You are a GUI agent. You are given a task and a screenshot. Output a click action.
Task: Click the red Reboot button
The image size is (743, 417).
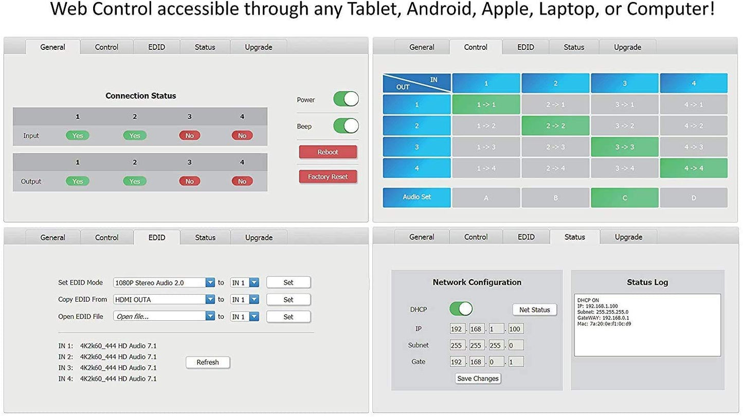coord(328,152)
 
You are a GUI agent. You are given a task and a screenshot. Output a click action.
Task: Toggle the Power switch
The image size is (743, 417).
coord(346,99)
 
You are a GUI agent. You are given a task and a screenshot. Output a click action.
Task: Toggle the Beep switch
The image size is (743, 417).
coord(346,126)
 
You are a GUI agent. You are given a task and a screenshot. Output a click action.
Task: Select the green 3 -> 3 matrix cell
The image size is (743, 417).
coord(624,147)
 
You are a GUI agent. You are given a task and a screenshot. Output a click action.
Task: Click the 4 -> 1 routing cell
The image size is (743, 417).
coord(693,104)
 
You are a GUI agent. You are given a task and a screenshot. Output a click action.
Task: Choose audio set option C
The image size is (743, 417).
coord(624,197)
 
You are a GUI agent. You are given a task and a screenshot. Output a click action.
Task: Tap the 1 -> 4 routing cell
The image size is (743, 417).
coord(486,168)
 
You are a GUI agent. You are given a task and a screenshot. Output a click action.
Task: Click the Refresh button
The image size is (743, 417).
coord(208,362)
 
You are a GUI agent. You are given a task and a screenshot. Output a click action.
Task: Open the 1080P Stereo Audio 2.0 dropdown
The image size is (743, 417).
coord(164,282)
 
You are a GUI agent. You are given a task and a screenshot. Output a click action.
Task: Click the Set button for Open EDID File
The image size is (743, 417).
coord(288,317)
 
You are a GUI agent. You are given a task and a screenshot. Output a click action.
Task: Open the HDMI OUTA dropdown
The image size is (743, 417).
coord(164,299)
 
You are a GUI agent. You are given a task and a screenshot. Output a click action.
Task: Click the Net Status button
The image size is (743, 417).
coord(534,310)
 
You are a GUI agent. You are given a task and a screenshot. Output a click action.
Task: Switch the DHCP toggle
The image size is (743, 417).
coord(461,309)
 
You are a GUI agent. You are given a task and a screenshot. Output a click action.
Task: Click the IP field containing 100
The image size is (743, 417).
coord(516,329)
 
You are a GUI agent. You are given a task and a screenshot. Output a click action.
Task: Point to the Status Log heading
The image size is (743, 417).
coord(647,282)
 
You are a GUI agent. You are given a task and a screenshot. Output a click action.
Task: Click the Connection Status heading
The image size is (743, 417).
coord(140,96)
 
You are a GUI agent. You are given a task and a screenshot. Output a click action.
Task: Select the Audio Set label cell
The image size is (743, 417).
coord(416,197)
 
